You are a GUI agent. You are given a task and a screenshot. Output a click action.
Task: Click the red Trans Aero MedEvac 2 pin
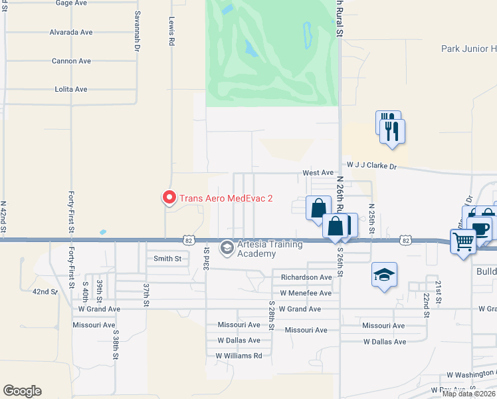pos(169,198)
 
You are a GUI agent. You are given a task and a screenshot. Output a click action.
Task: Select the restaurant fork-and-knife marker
pos(392,131)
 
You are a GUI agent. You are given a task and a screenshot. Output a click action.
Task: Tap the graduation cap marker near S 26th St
pos(384,275)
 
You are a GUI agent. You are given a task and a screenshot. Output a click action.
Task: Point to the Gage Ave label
pos(72,3)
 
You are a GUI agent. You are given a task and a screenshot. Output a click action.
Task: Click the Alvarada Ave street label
pos(71,32)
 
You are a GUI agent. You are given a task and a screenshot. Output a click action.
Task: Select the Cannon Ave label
pos(71,61)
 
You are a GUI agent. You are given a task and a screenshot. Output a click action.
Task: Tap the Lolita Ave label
pos(71,89)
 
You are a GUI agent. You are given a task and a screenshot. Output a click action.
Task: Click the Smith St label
pos(167,259)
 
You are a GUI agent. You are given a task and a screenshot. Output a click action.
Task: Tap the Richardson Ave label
pos(306,277)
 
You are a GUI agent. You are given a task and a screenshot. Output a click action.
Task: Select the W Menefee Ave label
pos(306,293)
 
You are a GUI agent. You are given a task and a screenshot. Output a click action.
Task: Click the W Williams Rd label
pos(239,356)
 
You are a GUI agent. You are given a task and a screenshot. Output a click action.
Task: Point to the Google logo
pos(22,391)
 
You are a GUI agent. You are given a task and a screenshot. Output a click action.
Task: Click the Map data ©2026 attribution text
pos(469,394)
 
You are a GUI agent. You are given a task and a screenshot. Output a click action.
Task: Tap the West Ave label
pos(318,173)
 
